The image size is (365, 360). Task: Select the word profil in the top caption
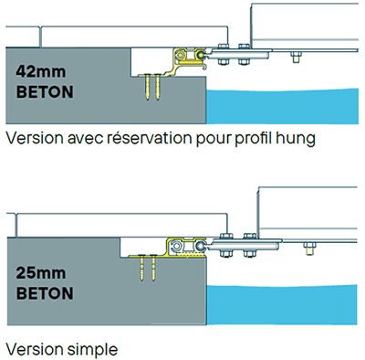pos(255,140)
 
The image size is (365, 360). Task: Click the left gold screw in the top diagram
pos(147,88)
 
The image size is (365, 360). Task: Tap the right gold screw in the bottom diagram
pos(153,270)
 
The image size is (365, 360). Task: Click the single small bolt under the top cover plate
pos(294,58)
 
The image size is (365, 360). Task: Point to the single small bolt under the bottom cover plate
pos(308,246)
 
